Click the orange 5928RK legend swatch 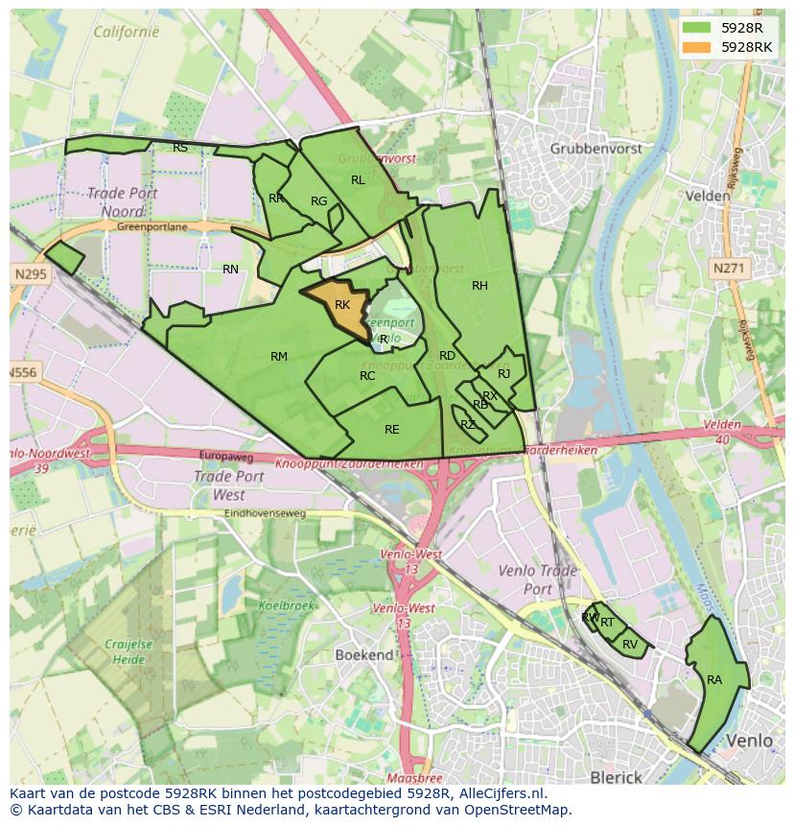click(x=697, y=47)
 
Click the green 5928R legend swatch click(x=697, y=28)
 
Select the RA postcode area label click(x=714, y=680)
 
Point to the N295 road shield click(x=30, y=274)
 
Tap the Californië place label click(x=126, y=32)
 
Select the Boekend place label click(x=364, y=655)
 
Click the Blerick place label click(x=616, y=777)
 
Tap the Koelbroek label click(x=286, y=605)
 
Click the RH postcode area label click(x=479, y=285)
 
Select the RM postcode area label click(x=279, y=357)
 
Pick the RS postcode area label click(x=180, y=148)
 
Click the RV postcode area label click(x=630, y=644)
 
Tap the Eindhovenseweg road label click(x=265, y=513)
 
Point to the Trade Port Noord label click(x=122, y=201)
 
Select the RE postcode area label click(x=391, y=430)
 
